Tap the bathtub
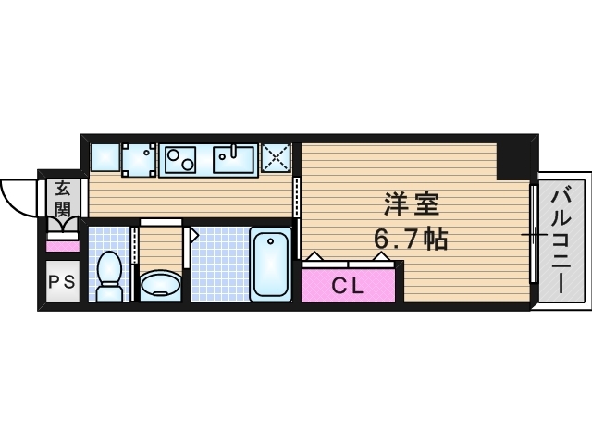tap(270, 263)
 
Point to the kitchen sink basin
tap(233, 160)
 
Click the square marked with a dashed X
tap(277, 158)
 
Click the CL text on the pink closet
tap(346, 286)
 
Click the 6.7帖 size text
tap(411, 240)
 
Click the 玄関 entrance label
tap(62, 197)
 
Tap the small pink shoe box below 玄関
tap(62, 245)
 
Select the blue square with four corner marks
tap(140, 158)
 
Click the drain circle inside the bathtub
tap(271, 242)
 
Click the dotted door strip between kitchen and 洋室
tap(296, 195)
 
